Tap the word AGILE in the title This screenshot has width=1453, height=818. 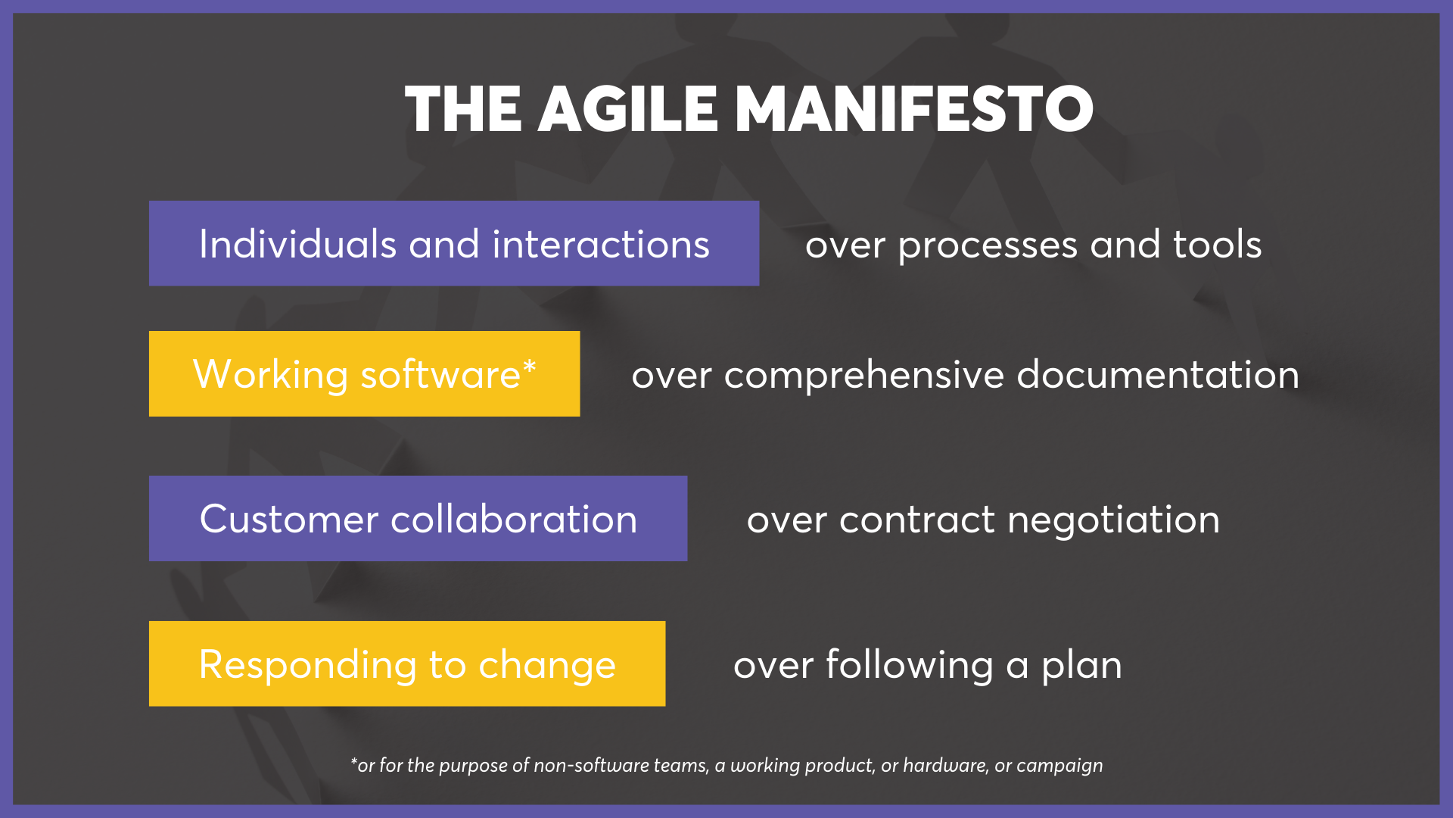(x=627, y=110)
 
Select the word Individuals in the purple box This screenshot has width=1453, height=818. (x=297, y=245)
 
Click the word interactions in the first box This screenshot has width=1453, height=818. (x=601, y=245)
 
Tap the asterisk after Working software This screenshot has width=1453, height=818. (x=530, y=367)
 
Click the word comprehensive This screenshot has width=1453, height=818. (x=863, y=376)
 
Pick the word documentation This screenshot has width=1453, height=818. (x=1158, y=375)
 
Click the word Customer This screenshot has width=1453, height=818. (x=288, y=520)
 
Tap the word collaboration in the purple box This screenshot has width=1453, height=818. (x=514, y=520)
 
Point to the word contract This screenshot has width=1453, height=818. (x=916, y=520)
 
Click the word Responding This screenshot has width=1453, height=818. (x=307, y=666)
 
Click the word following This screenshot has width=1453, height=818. (x=909, y=666)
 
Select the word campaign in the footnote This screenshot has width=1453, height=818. (x=1059, y=766)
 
